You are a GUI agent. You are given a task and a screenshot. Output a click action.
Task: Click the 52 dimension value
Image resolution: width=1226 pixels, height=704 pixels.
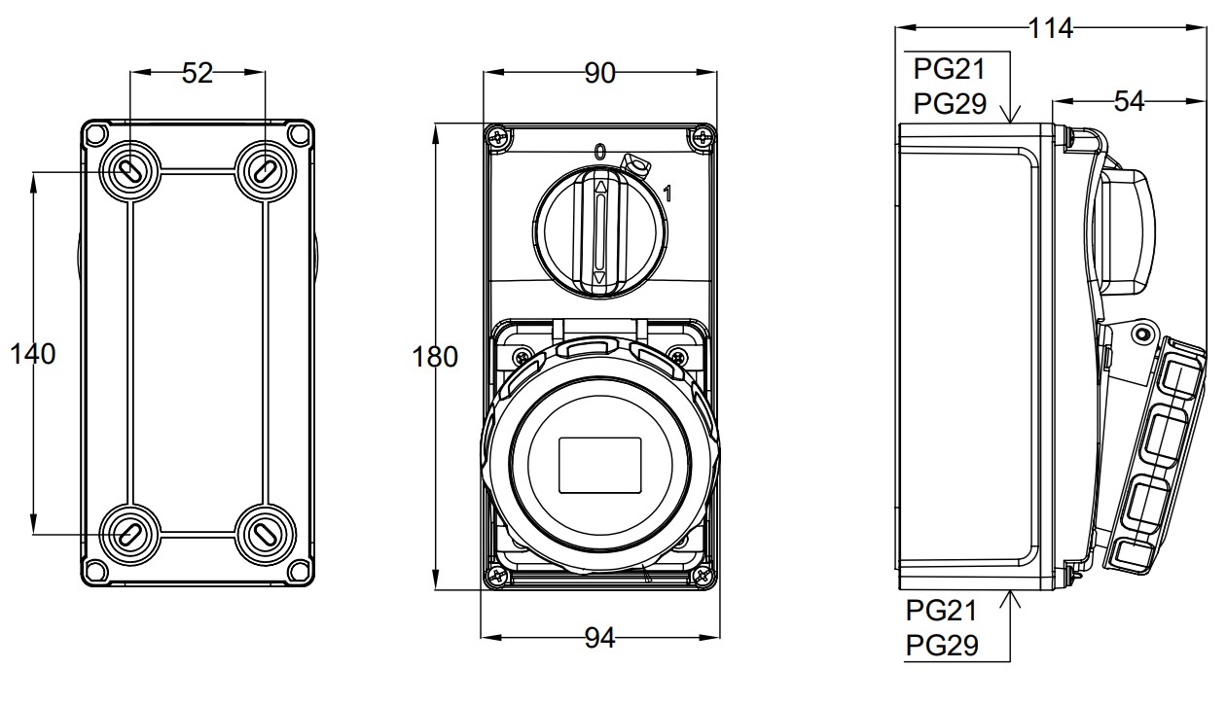pos(198,73)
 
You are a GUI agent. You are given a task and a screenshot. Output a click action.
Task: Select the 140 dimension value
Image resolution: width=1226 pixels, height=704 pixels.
pos(33,354)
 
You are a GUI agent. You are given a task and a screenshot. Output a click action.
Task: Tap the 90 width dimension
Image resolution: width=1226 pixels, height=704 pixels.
pos(600,73)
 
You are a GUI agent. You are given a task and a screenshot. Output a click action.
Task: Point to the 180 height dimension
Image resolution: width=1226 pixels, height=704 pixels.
pos(435,357)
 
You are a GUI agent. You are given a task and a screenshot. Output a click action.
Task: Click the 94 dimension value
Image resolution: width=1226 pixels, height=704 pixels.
pos(600,638)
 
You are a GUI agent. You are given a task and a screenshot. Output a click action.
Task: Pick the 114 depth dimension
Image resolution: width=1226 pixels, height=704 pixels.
pos(1051,28)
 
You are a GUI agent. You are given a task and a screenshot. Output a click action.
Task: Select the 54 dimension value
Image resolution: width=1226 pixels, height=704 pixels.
pos(1129,100)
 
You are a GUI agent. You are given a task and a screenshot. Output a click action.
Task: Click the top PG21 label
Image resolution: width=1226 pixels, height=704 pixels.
pos(950,69)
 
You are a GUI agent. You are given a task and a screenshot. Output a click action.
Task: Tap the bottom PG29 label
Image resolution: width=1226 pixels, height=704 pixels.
pos(942,645)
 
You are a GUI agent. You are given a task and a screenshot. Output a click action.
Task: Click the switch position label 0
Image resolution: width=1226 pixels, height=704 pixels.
pos(599,152)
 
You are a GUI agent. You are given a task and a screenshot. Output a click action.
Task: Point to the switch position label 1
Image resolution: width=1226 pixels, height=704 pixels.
pos(667,194)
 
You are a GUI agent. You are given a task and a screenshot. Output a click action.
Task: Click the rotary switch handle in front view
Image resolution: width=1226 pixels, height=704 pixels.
pos(599,230)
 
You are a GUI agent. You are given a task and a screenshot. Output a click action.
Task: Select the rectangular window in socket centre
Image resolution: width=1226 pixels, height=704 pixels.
pos(600,466)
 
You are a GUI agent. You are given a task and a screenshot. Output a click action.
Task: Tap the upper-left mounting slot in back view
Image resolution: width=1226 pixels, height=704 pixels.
pos(128,171)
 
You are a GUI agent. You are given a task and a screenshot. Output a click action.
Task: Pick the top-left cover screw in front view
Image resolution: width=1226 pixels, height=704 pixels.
pos(500,138)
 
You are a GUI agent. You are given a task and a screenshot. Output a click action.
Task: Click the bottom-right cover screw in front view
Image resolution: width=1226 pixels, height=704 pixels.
pos(701,577)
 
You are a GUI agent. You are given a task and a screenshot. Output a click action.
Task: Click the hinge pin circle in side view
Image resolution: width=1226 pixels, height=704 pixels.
pos(1141,335)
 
